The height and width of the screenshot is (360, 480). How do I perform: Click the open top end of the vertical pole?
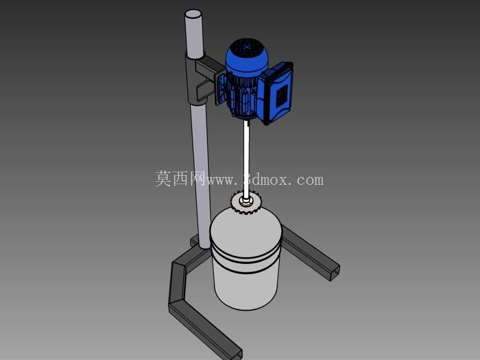pos(193,14)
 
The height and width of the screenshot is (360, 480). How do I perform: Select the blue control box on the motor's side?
pos(277,92)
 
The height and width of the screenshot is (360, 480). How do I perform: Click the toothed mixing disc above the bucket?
pos(245,202)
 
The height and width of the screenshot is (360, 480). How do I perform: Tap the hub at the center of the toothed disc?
pos(246,201)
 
